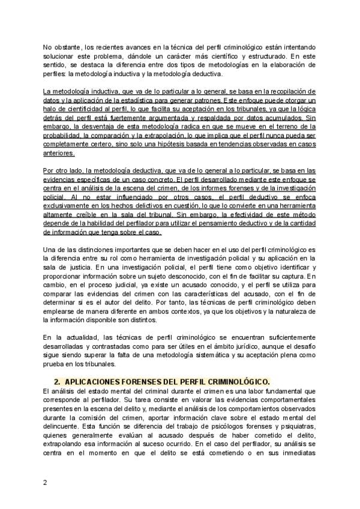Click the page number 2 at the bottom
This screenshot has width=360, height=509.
tap(44, 482)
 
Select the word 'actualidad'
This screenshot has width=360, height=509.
tap(83, 339)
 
